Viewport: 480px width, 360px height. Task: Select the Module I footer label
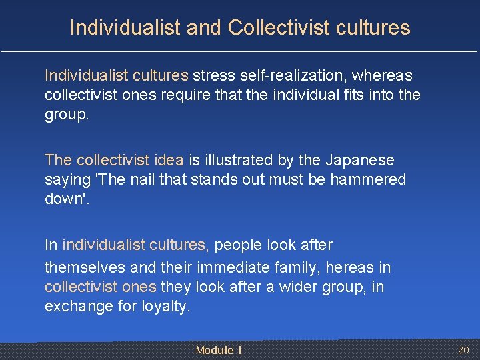[218, 350]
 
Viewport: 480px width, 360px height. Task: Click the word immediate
[251, 267]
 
